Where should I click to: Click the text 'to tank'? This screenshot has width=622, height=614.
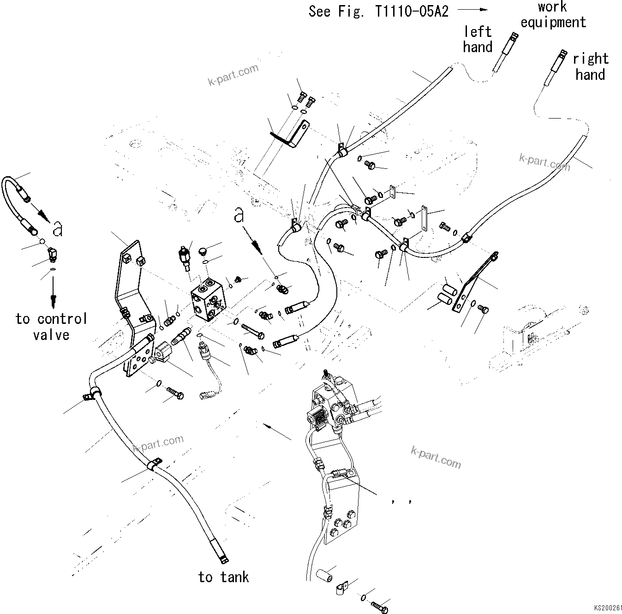point(223,577)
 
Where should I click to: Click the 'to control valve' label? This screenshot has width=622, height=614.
point(51,327)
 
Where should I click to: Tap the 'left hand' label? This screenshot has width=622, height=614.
point(478,39)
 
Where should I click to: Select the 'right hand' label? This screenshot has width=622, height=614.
point(590,66)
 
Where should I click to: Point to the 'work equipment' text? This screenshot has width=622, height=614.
point(553,15)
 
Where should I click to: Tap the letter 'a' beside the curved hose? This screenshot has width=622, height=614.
point(57,228)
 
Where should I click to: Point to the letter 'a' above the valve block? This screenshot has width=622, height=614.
point(238,215)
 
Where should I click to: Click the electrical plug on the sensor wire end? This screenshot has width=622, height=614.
point(205,395)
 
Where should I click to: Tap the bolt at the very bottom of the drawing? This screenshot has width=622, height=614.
point(380,608)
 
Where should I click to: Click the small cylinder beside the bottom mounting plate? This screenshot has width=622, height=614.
point(324,575)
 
